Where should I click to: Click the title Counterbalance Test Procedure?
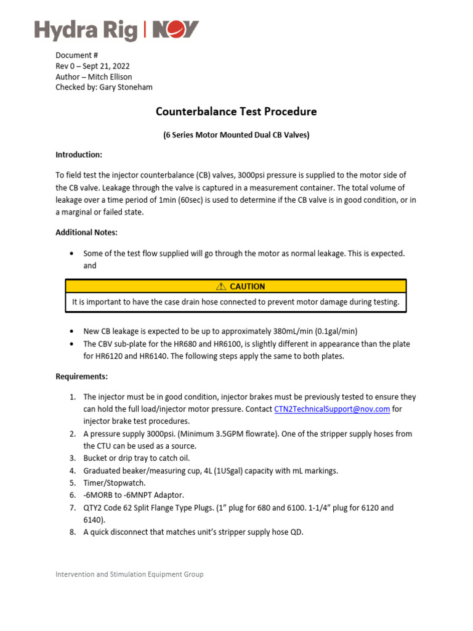coord(236,112)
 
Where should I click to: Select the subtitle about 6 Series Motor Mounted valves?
coord(236,135)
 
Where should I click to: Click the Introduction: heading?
coord(79,155)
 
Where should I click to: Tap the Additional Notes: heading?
coord(86,232)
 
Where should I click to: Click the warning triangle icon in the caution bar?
coord(221,287)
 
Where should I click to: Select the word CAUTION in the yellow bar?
coord(247,287)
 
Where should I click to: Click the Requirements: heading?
coord(82,377)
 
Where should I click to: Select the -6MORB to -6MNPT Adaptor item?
coord(134,495)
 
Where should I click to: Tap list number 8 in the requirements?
coord(72,532)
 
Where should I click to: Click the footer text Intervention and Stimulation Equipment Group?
coord(129,574)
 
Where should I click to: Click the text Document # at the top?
coord(77,55)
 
